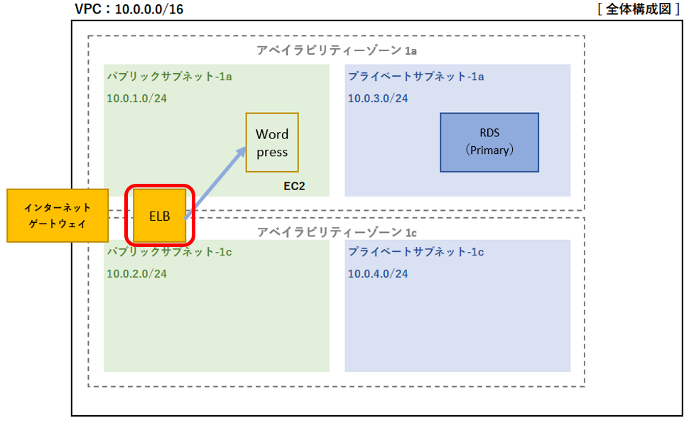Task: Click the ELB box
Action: (160, 216)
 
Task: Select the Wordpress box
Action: (272, 143)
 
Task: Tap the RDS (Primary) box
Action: (489, 143)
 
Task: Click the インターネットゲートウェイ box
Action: (58, 216)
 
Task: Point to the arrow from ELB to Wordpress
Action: (215, 182)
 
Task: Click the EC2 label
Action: (294, 186)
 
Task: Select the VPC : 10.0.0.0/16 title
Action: (129, 9)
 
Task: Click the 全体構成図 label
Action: (639, 9)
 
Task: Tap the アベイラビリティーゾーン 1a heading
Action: (337, 50)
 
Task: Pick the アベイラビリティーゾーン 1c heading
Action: (337, 232)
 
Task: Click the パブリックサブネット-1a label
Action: (169, 77)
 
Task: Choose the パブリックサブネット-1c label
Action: (169, 252)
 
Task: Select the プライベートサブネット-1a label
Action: (416, 77)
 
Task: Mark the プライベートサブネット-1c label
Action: (416, 252)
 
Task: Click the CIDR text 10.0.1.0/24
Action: (136, 98)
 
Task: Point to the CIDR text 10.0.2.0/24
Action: (136, 274)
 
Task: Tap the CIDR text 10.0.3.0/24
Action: (378, 98)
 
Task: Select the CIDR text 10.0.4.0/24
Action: (378, 274)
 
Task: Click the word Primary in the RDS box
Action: (489, 150)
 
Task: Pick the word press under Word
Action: (272, 153)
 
